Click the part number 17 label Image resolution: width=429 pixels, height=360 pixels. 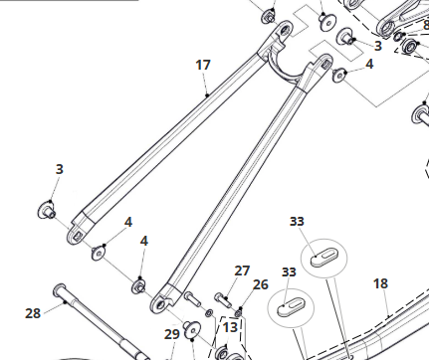(x=203, y=65)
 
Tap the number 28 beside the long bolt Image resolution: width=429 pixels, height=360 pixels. (x=33, y=312)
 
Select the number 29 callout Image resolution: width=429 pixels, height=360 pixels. (x=171, y=333)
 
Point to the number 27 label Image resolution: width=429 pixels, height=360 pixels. (x=242, y=270)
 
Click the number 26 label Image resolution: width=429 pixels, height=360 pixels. (x=260, y=285)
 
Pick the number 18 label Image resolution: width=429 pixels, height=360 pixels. (x=380, y=283)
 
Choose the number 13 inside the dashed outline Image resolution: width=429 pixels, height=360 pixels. (x=231, y=325)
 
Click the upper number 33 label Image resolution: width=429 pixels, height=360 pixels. (x=298, y=221)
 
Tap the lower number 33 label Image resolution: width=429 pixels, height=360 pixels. (x=289, y=271)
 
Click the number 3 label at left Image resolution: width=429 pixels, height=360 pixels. (x=59, y=169)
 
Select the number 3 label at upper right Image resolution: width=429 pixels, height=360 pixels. (x=377, y=46)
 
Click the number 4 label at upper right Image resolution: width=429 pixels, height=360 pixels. (x=369, y=64)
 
